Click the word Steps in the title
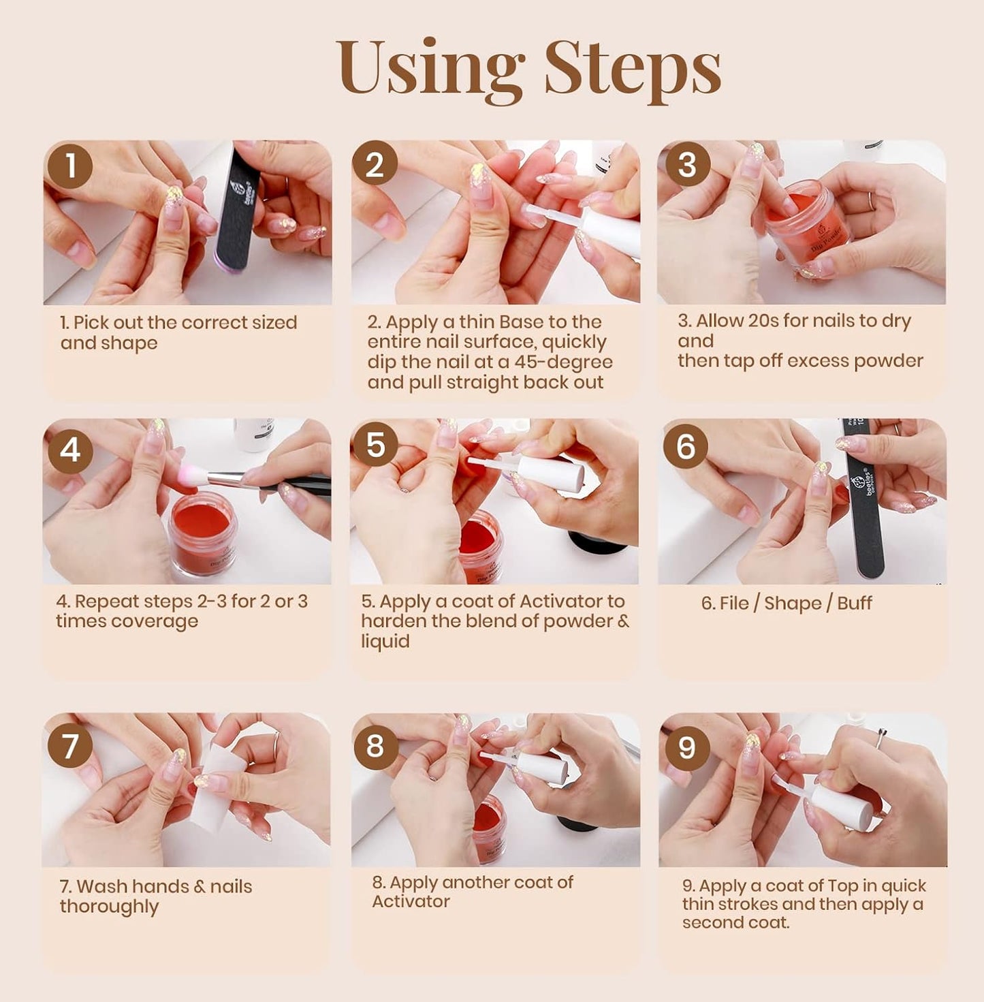pos(632,68)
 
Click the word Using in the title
pos(429,68)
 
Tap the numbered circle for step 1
pos(70,166)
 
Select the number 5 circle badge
pos(375,445)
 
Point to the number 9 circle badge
pos(686,748)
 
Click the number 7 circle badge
pos(70,746)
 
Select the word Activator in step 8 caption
pos(411,901)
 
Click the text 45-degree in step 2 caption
pos(563,362)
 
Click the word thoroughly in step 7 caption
pos(109,907)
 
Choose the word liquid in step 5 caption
pos(385,642)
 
